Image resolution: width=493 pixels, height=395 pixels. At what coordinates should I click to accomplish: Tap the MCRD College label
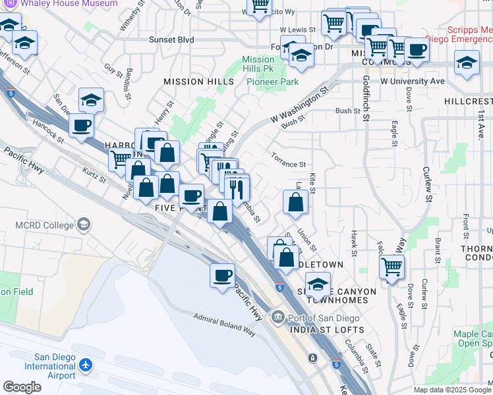coord(45,225)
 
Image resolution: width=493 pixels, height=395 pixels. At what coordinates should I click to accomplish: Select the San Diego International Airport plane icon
coord(86,364)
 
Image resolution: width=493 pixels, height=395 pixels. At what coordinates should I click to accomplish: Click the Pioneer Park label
coord(273,82)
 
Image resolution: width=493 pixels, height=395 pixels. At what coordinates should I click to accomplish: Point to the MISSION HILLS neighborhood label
coord(198,82)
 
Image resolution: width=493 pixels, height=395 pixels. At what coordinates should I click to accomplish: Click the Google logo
coord(22,386)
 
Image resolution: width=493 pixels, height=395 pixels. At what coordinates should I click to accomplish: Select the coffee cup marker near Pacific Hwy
coord(223,275)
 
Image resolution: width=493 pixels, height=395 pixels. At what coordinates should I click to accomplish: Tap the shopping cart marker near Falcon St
coord(392,267)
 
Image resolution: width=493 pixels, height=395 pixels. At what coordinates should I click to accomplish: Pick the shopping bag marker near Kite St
coord(295,202)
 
